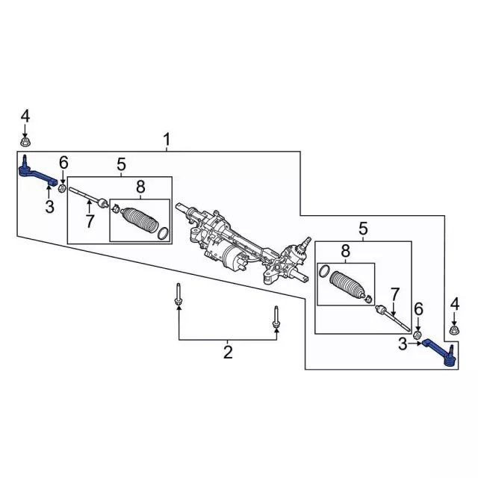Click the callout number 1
click(x=167, y=140)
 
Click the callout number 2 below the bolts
click(x=228, y=352)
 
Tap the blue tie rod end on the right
click(x=440, y=353)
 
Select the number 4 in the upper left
click(x=25, y=117)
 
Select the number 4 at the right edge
click(x=455, y=305)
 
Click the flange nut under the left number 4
click(x=25, y=142)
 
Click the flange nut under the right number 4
click(x=455, y=330)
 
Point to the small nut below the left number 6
click(x=62, y=188)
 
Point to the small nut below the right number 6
click(x=418, y=335)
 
